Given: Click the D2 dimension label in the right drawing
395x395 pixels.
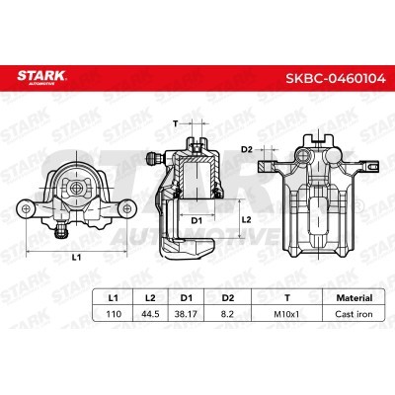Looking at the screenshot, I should [x=248, y=149].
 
